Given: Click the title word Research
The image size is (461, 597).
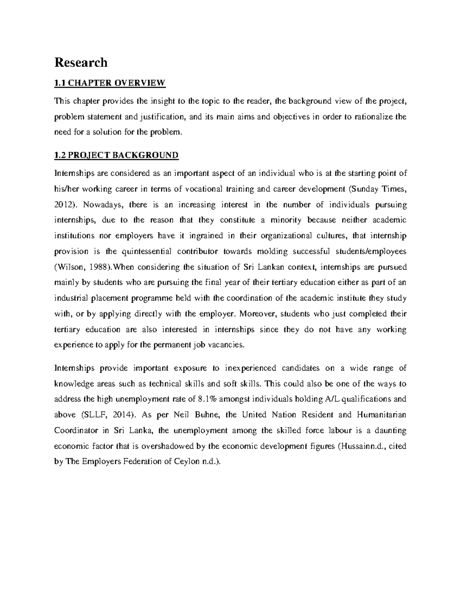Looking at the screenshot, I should pyautogui.click(x=81, y=62).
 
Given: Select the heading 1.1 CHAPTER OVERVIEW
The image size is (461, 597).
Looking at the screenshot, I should pyautogui.click(x=110, y=82).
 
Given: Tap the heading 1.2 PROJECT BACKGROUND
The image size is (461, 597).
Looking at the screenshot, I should pyautogui.click(x=116, y=155).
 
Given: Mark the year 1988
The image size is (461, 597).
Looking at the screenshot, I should pyautogui.click(x=96, y=267).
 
